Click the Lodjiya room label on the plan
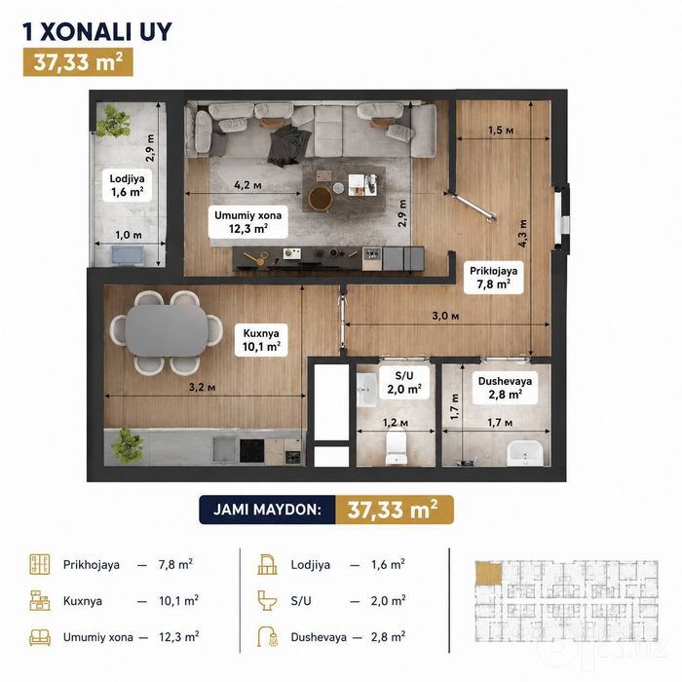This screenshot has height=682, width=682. coord(127,185)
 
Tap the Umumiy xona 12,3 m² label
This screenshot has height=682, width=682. coord(247,222)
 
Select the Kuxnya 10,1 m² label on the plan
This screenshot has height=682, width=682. coord(261,340)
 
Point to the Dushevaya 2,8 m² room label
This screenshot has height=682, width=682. coord(505,388)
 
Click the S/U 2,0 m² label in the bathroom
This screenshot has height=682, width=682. coord(404,382)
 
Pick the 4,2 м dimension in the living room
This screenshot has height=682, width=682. coord(247,185)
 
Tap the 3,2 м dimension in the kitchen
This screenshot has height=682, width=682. coord(202,387)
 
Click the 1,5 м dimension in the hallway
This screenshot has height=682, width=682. coord(501,130)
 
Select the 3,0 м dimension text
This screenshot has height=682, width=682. coord(445,316)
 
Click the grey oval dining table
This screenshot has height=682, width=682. coord(167,331)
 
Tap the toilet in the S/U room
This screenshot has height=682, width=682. coord(397,445)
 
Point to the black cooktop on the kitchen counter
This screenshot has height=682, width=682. coord(251,450)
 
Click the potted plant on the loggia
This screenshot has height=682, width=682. coord(113,121)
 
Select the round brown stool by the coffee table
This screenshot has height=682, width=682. coord(321,199)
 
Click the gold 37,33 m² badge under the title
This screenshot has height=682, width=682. coord(78,62)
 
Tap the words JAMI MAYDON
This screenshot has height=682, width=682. coord(267,510)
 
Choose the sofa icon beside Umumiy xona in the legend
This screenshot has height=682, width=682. coord(40,637)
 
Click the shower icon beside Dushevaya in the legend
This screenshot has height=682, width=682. coord(267,636)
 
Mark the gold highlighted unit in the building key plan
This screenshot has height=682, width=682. coord(488,574)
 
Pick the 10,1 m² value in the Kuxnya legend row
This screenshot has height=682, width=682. coord(178,601)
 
